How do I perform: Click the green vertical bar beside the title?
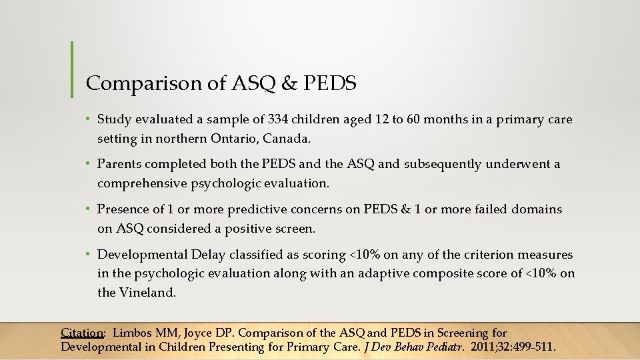pos(72,69)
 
